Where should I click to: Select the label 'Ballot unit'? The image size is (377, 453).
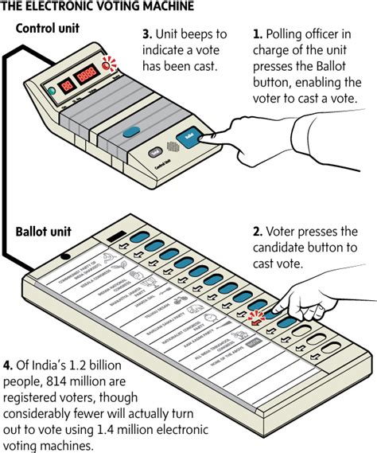coord(42,232)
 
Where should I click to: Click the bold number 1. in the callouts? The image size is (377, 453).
coord(257,35)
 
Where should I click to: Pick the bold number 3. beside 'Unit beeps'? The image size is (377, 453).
coord(146,35)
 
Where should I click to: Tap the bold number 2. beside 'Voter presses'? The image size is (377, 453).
coord(258,232)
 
